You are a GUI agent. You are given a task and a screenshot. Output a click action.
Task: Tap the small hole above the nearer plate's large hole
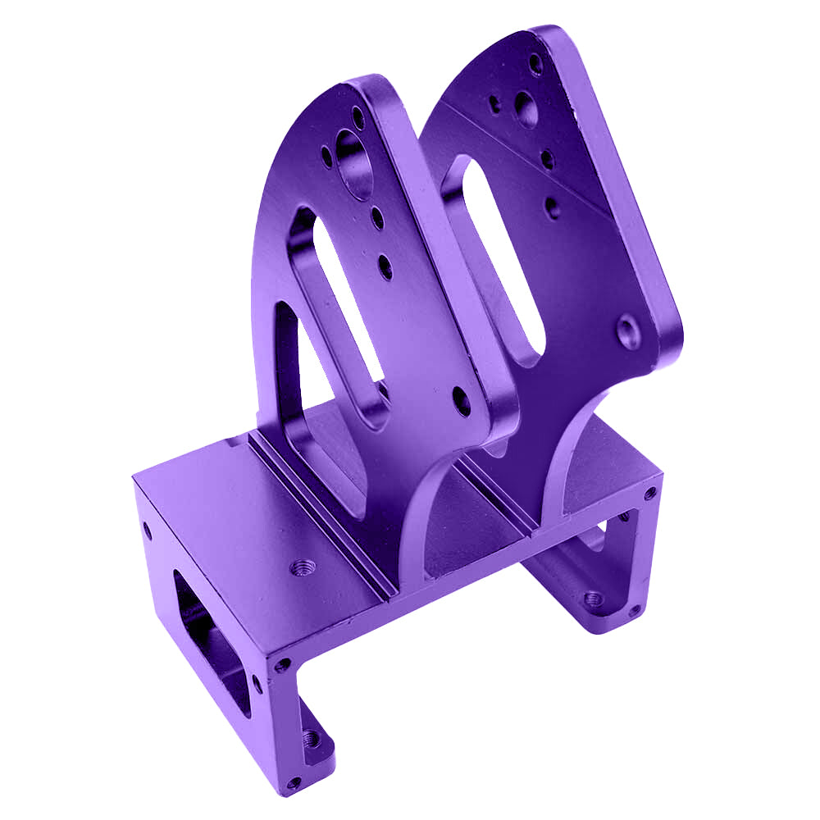[358, 115]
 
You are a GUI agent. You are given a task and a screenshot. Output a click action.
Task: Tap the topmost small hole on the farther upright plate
[535, 61]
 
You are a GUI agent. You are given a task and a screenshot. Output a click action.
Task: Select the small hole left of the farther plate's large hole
[495, 104]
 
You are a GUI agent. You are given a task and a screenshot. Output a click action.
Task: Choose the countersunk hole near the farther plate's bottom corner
[629, 332]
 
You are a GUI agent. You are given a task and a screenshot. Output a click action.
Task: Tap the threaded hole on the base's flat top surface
[303, 567]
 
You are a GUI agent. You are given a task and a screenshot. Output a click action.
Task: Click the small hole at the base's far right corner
[649, 494]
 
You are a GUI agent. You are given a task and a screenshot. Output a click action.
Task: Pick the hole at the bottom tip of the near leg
[294, 781]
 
